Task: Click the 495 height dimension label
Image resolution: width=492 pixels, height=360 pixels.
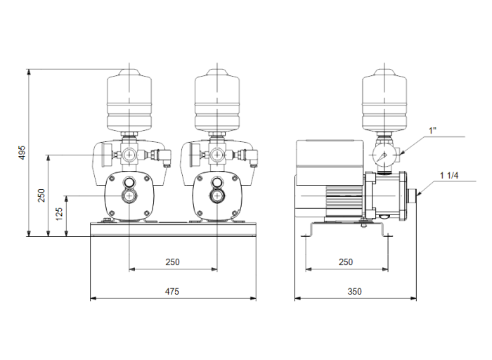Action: tap(22, 153)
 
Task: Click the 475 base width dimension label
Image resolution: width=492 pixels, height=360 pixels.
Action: tap(173, 290)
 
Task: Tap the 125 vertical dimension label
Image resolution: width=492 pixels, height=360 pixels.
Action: tap(61, 212)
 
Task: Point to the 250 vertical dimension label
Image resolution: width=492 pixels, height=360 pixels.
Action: tap(41, 195)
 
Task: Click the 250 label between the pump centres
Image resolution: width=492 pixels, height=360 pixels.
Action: tap(173, 262)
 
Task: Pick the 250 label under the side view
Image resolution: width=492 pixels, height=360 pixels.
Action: tap(344, 262)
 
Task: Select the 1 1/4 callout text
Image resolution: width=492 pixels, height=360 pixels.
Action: tap(451, 175)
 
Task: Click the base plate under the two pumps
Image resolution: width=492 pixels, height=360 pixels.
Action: tap(173, 230)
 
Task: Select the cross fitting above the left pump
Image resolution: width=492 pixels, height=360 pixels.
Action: tap(130, 153)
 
